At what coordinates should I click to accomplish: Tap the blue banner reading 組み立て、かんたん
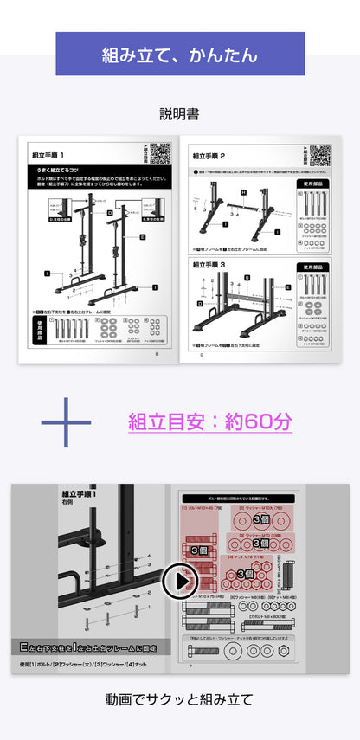[180, 55]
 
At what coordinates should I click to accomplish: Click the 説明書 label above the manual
[180, 113]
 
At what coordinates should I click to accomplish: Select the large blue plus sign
[66, 422]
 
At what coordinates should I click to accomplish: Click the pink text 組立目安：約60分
[210, 422]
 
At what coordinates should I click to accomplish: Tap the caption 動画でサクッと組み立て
[180, 699]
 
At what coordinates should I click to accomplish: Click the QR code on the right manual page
[319, 154]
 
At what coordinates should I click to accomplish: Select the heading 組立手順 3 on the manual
[209, 264]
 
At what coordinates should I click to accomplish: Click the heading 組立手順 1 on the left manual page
[49, 156]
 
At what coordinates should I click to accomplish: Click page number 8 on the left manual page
[157, 353]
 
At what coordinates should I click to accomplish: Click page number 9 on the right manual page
[201, 353]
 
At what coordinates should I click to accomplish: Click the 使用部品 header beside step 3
[313, 267]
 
